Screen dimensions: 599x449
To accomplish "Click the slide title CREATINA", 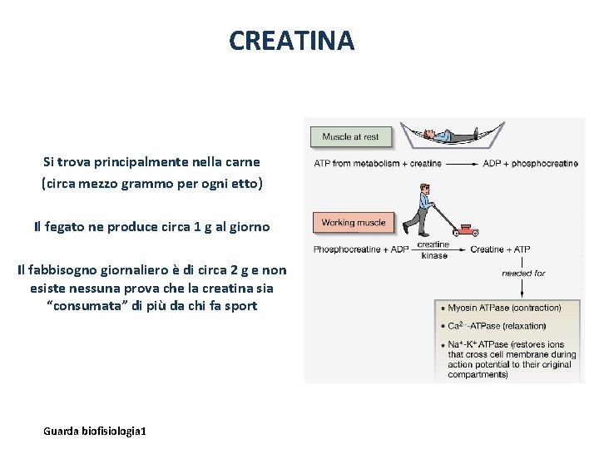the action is click(x=291, y=40).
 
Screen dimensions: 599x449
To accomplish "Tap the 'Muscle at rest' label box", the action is click(x=349, y=136).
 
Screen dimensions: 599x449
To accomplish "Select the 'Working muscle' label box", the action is click(x=354, y=222).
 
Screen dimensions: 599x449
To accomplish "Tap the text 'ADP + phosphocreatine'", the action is click(x=530, y=164).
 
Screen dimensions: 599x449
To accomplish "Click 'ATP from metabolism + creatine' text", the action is click(x=378, y=164).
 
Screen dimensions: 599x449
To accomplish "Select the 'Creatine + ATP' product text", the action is click(x=500, y=249).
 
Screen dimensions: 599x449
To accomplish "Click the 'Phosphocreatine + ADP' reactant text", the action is click(x=361, y=249).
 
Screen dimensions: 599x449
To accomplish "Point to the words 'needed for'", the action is click(x=522, y=273).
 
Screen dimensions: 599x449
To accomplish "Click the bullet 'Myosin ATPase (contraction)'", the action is click(x=504, y=308).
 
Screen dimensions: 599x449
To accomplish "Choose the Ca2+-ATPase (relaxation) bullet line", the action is click(x=497, y=326).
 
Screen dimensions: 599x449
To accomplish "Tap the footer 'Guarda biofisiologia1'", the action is click(x=95, y=431).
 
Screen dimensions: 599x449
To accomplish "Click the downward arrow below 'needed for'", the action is click(x=522, y=288).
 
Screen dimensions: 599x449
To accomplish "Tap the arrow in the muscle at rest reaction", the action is click(x=462, y=164).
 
